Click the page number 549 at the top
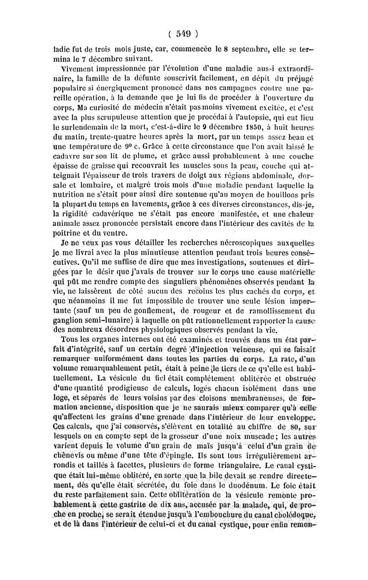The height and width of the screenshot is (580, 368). click(184, 33)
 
